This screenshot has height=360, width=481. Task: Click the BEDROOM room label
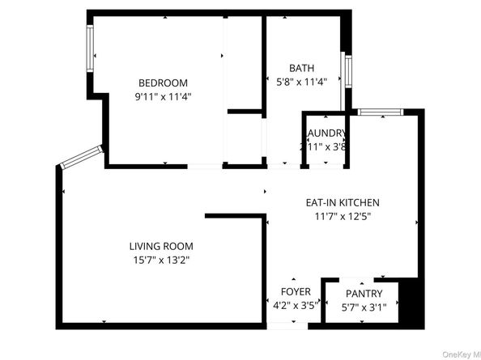(x=163, y=83)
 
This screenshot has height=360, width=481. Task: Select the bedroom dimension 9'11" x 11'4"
(x=163, y=95)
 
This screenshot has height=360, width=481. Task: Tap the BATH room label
(x=302, y=68)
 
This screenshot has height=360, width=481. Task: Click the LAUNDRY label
(x=326, y=133)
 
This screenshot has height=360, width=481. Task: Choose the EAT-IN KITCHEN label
(x=342, y=202)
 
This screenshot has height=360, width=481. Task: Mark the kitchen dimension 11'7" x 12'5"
(x=341, y=216)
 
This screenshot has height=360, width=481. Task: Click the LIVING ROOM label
(x=161, y=246)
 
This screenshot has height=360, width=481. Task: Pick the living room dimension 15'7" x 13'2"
(x=161, y=260)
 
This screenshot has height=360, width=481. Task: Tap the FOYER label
(x=296, y=292)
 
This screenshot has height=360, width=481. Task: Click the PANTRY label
(x=363, y=293)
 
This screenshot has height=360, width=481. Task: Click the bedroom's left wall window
(x=91, y=49)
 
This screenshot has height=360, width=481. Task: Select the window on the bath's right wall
(x=347, y=71)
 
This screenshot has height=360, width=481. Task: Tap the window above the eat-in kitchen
(x=377, y=112)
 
